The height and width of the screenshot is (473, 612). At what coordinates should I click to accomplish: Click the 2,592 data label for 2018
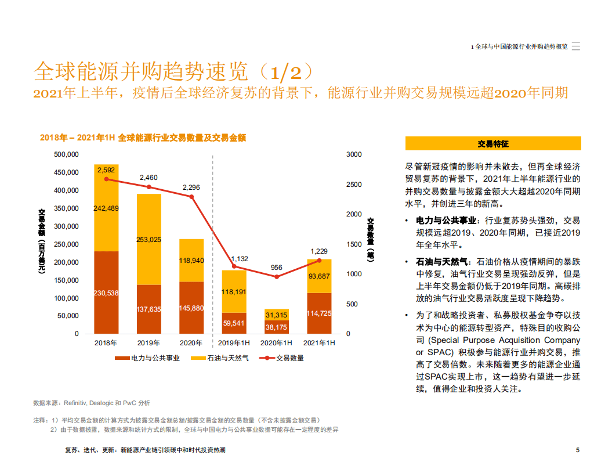[x=106, y=170]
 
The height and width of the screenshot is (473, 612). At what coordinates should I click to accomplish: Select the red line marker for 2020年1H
[x=277, y=277]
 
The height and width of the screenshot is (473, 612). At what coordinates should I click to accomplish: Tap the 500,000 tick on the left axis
[x=66, y=154]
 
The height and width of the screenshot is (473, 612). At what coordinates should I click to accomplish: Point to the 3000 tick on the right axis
[x=354, y=154]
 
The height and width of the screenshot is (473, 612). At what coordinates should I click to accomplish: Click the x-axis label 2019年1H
[x=234, y=343]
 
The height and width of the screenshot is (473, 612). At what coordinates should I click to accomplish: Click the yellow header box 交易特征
[x=493, y=143]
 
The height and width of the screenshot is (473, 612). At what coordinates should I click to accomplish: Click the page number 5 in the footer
[x=578, y=450]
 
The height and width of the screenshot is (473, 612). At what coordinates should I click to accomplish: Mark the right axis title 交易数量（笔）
[x=371, y=243]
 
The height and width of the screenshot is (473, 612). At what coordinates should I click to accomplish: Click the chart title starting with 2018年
[x=143, y=138]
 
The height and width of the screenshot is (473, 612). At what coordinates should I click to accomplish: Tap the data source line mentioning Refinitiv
[x=91, y=403]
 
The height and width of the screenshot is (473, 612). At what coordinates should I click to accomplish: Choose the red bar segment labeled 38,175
[x=277, y=328]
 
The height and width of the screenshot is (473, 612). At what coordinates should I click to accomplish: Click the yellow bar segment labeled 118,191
[x=234, y=292]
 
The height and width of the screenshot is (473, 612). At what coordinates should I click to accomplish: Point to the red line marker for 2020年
[x=191, y=197]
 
